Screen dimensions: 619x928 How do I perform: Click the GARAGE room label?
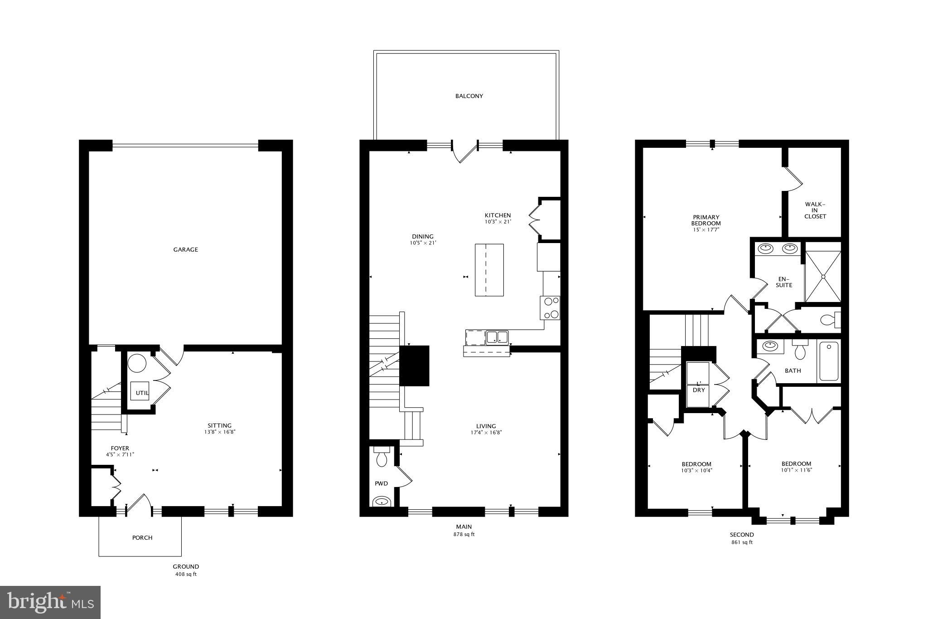click(x=186, y=249)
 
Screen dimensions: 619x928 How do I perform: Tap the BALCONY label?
click(x=469, y=96)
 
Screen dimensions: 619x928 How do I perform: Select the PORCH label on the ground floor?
click(x=142, y=538)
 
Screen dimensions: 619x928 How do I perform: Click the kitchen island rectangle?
click(x=489, y=270)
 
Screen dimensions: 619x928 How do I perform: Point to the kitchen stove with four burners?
click(x=550, y=308)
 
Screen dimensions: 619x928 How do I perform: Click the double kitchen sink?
click(x=497, y=337)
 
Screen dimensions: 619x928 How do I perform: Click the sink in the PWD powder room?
click(x=382, y=502)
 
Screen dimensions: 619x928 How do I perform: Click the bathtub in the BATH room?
click(x=829, y=361)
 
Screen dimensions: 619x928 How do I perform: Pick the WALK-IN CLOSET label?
click(x=815, y=210)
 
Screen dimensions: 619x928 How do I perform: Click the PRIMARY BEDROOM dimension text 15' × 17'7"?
click(x=706, y=230)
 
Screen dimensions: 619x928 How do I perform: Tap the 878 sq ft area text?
click(x=464, y=535)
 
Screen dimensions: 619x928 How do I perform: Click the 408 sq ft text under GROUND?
click(x=186, y=574)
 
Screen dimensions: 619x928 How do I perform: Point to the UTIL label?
click(x=142, y=393)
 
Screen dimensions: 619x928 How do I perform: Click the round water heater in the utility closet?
click(x=137, y=364)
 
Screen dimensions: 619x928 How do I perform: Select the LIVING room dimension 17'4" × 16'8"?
click(x=486, y=433)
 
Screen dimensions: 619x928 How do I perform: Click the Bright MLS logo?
click(x=50, y=602)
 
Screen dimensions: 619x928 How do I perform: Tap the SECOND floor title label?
click(x=742, y=535)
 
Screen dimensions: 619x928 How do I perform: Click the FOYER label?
click(x=120, y=448)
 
